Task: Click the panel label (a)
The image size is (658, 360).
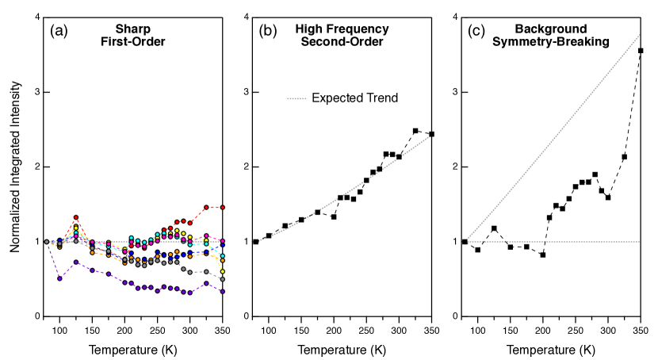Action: click(59, 31)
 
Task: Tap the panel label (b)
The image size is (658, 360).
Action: click(268, 31)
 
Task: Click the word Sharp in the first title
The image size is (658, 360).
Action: click(132, 29)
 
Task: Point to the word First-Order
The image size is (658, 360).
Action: click(132, 42)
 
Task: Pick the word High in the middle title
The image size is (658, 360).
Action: click(309, 29)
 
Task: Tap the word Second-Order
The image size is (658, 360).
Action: click(342, 42)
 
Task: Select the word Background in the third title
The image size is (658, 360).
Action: click(550, 29)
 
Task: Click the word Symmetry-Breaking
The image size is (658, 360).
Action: click(550, 42)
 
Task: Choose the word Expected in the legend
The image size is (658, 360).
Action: click(339, 98)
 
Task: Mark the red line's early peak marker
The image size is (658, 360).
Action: click(76, 216)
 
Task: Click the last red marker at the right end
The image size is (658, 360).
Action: click(223, 207)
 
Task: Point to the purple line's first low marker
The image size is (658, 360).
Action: click(59, 278)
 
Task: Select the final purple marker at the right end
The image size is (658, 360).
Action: click(223, 292)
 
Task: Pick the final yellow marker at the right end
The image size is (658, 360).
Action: click(223, 271)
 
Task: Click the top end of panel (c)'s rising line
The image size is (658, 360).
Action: click(639, 34)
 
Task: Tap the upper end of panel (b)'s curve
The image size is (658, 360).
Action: click(430, 136)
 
